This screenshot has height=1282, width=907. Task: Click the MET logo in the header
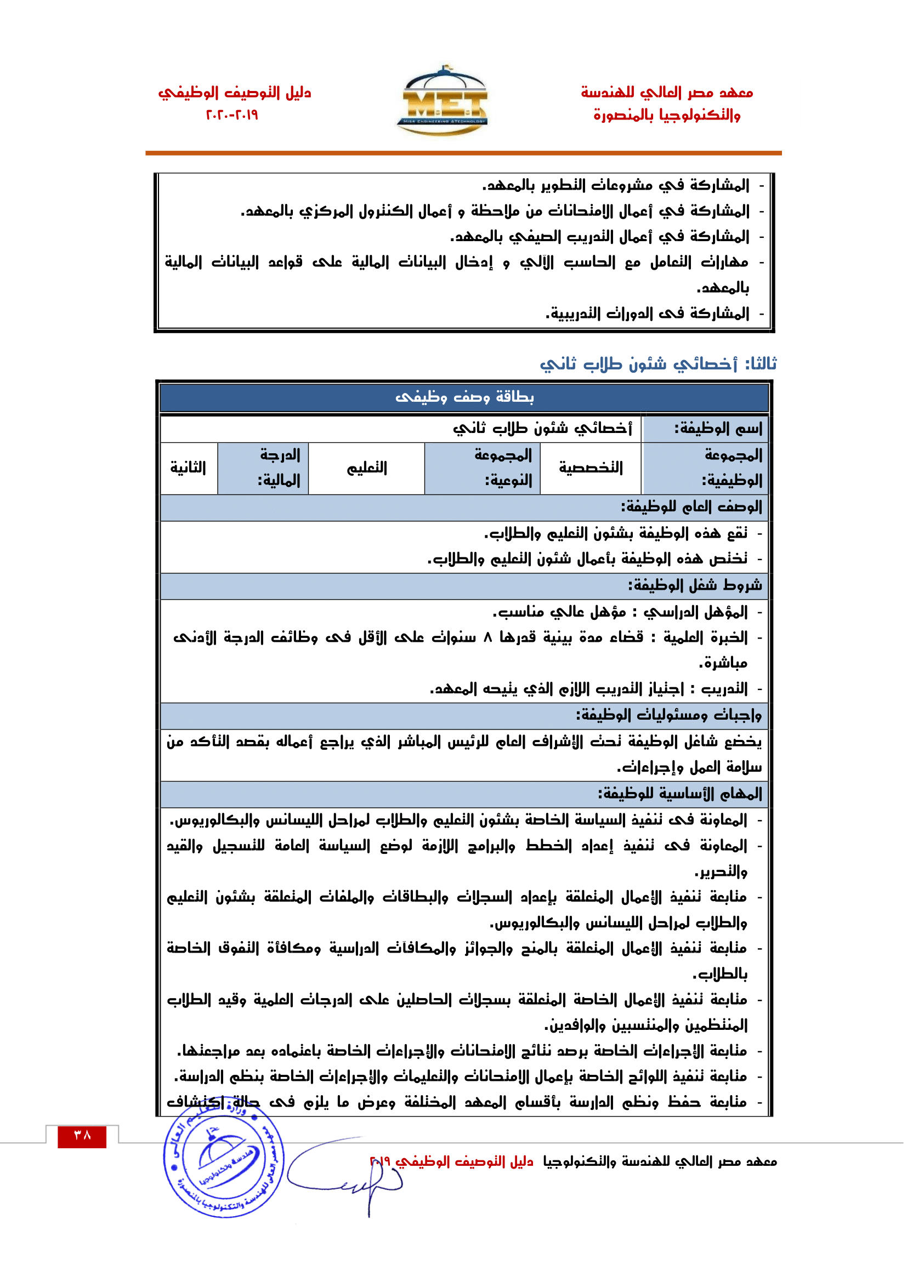tap(445, 101)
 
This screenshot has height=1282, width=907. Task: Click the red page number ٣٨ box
tap(82, 1136)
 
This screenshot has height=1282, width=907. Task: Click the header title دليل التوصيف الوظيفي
tap(235, 92)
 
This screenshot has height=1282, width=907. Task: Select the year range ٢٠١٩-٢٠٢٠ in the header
tap(233, 115)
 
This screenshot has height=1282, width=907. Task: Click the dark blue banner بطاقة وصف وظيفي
tap(464, 397)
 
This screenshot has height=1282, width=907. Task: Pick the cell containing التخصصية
tap(591, 468)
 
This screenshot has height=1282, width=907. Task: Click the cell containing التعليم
tap(367, 468)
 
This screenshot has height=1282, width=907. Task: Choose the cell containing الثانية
tap(188, 468)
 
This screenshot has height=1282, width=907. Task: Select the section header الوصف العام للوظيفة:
tap(691, 507)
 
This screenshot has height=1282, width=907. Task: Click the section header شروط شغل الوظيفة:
tap(695, 585)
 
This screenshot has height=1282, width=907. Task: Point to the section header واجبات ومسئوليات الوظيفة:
tap(668, 715)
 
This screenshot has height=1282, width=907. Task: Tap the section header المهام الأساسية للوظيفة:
tap(679, 794)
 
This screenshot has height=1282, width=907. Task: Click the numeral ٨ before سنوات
tap(487, 637)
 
